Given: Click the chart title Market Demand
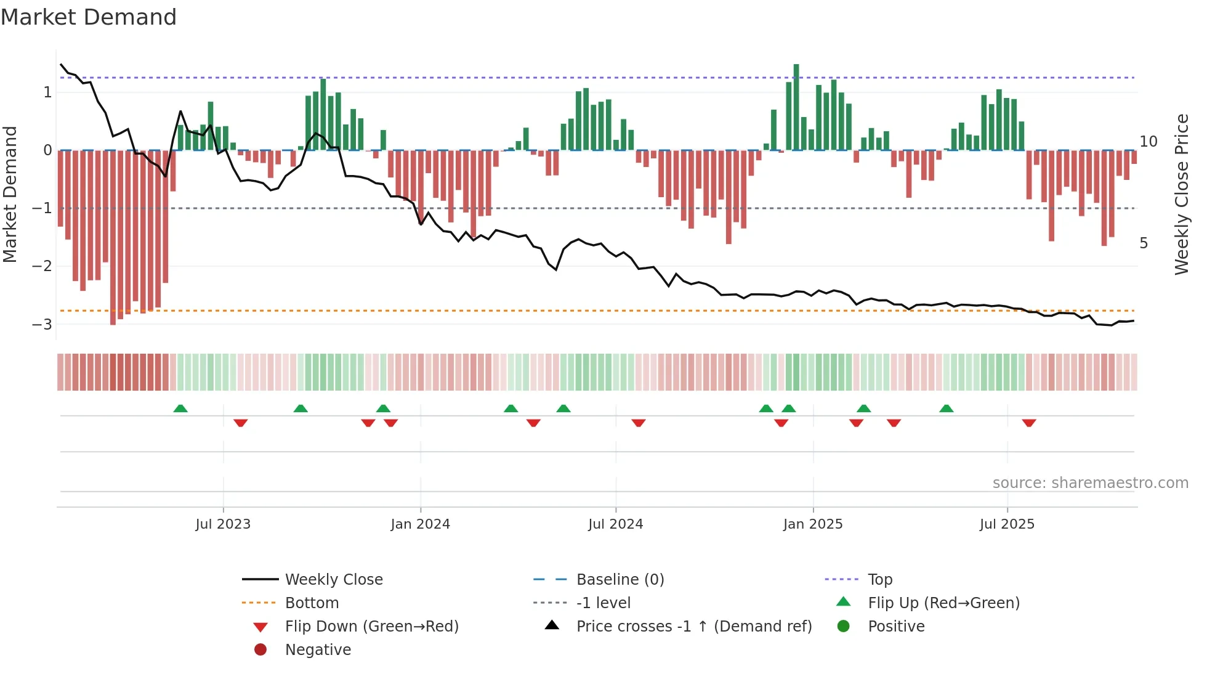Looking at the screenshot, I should pyautogui.click(x=89, y=17).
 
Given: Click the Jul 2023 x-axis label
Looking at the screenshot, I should pyautogui.click(x=223, y=524).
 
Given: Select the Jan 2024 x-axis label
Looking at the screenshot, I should pyautogui.click(x=420, y=524).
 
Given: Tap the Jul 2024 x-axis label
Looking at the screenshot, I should pyautogui.click(x=615, y=524).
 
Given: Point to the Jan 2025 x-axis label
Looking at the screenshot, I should pyautogui.click(x=813, y=524).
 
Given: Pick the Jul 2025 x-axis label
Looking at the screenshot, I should pyautogui.click(x=1007, y=524).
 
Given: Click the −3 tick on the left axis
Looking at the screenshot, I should pyautogui.click(x=42, y=324).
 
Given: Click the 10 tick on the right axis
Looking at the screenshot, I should pyautogui.click(x=1148, y=142).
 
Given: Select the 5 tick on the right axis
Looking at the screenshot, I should pyautogui.click(x=1144, y=243).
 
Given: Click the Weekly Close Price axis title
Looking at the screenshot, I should pyautogui.click(x=1181, y=194).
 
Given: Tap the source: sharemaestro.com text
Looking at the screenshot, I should pyautogui.click(x=1090, y=483).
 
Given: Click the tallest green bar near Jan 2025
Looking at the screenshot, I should pyautogui.click(x=796, y=108).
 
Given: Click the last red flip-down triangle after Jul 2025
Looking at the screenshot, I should pyautogui.click(x=1029, y=423).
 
